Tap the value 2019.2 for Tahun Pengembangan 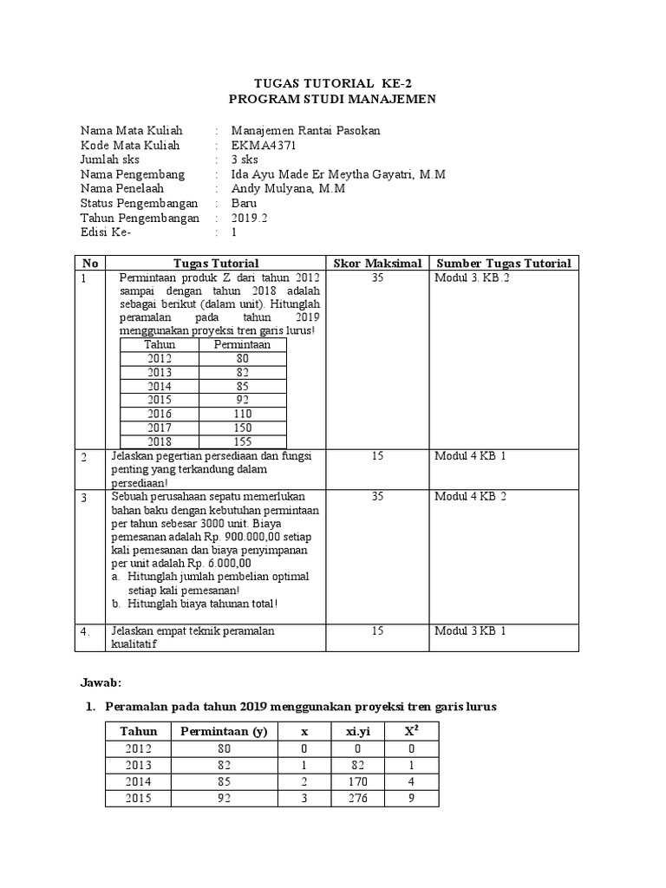(x=251, y=218)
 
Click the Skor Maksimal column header (x=377, y=263)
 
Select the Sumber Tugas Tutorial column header (x=504, y=263)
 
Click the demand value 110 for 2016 (x=243, y=415)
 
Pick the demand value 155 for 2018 (x=243, y=441)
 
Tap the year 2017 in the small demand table (x=160, y=428)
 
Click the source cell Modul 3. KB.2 (x=472, y=277)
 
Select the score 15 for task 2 (x=377, y=455)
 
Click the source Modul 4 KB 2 (x=470, y=496)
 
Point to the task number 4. (x=85, y=631)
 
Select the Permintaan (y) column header (x=224, y=731)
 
